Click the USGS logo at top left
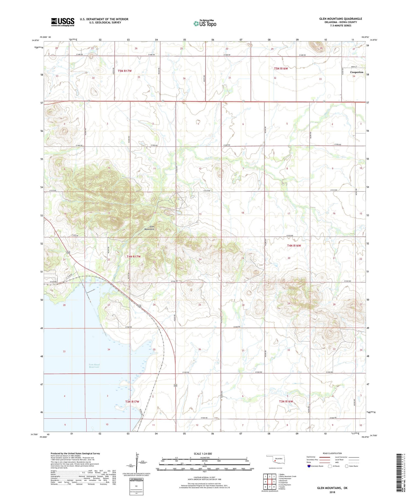(63, 22)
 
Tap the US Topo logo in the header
(205, 23)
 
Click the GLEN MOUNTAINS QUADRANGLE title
(340, 19)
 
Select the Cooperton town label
(357, 72)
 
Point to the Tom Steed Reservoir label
(94, 366)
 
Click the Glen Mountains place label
(149, 228)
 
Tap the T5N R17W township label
(125, 71)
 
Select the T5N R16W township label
(281, 68)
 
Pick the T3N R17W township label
(132, 402)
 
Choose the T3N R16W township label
(286, 401)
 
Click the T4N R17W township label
(134, 257)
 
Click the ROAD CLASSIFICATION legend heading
(332, 453)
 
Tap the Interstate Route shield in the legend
(309, 466)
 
